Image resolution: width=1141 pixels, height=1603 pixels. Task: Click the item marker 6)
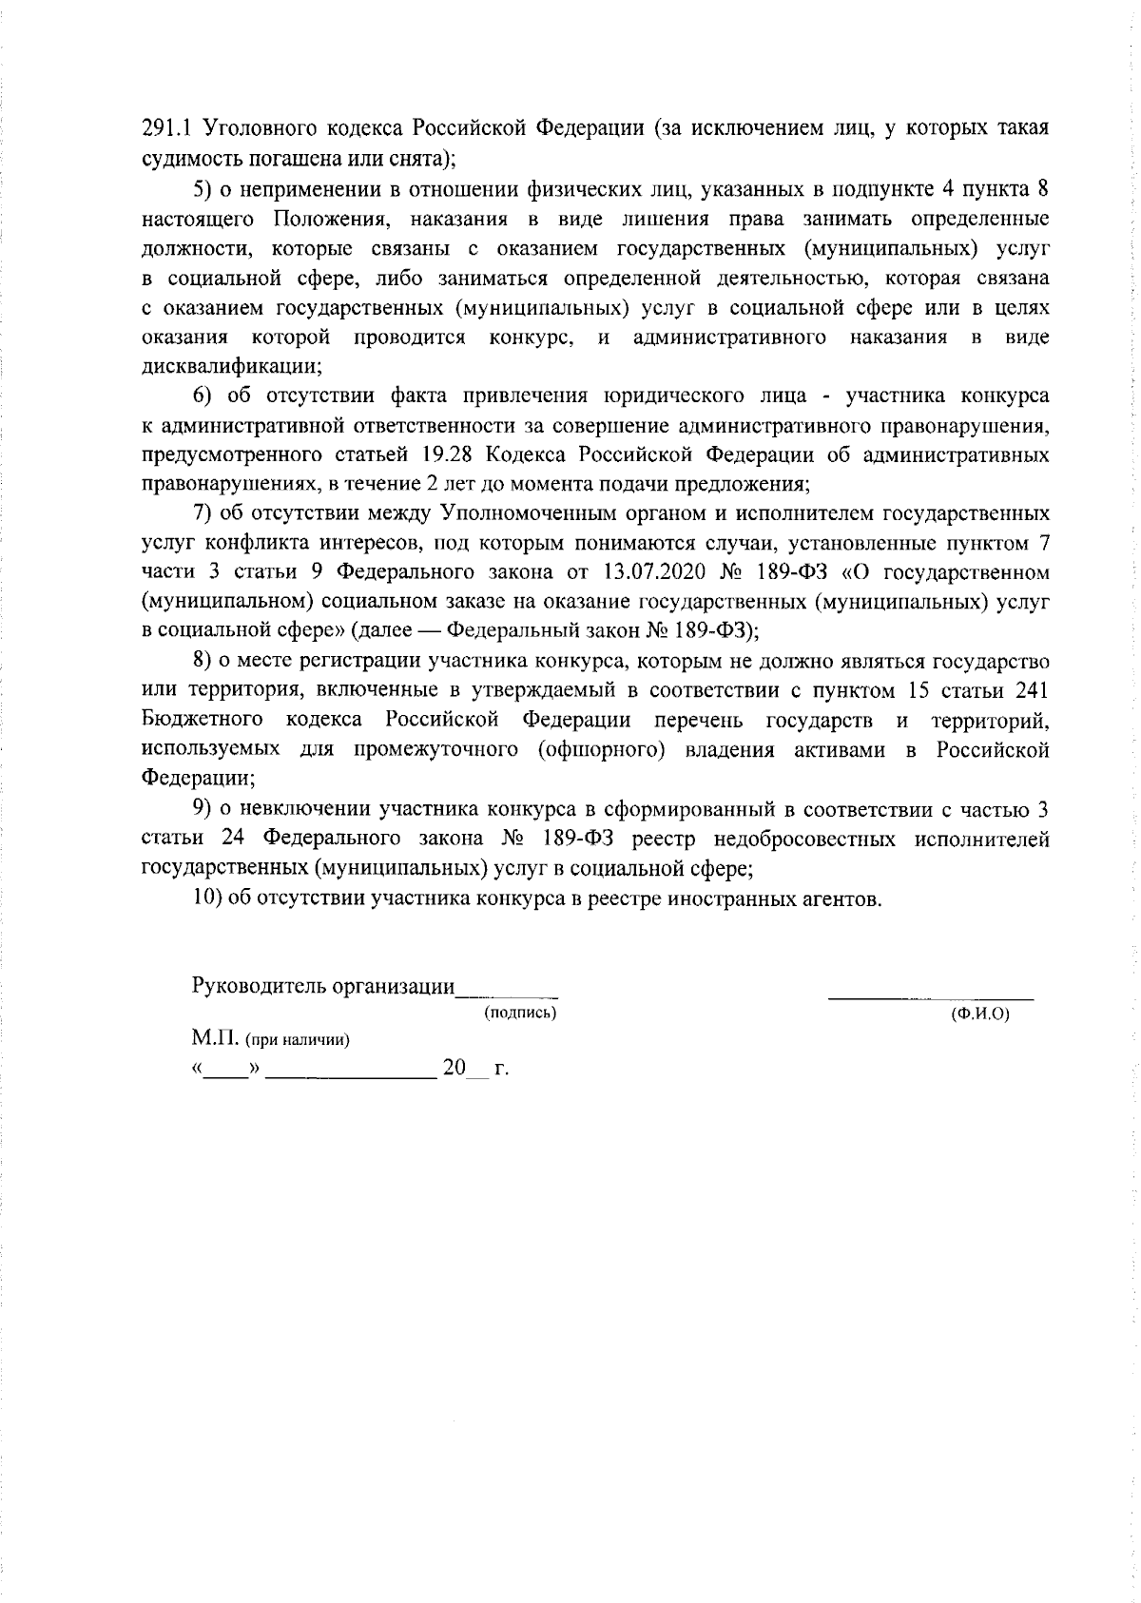[204, 396]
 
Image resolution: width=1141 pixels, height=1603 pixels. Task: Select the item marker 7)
[204, 514]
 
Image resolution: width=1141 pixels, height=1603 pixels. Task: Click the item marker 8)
[204, 661]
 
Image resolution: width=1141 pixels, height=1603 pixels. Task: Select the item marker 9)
[204, 809]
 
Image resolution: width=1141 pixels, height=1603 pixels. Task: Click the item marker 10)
[208, 898]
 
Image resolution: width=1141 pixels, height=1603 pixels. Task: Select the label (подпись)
[520, 1014]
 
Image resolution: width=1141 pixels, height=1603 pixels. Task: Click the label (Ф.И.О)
[979, 1014]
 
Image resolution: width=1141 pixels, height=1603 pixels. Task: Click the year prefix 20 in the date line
[454, 1068]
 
